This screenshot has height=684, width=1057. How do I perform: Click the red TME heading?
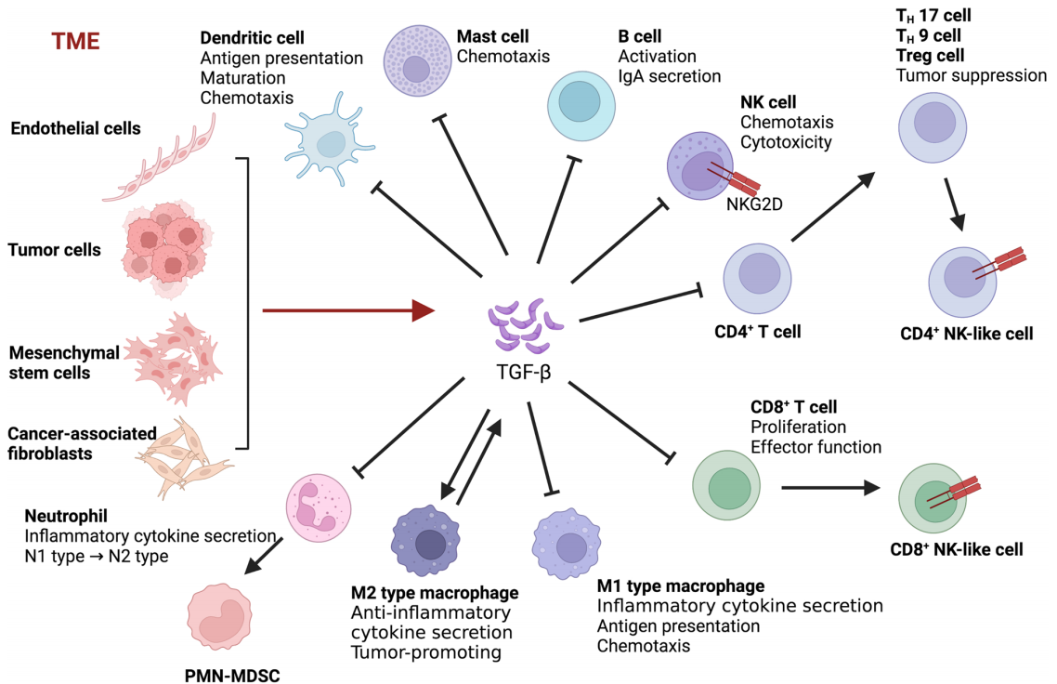pyautogui.click(x=75, y=41)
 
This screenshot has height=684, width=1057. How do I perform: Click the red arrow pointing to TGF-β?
pyautogui.click(x=348, y=310)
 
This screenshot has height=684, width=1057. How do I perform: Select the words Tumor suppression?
pyautogui.click(x=971, y=75)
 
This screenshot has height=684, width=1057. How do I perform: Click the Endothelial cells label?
pyautogui.click(x=75, y=128)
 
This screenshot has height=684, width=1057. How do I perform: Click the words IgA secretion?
pyautogui.click(x=669, y=75)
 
